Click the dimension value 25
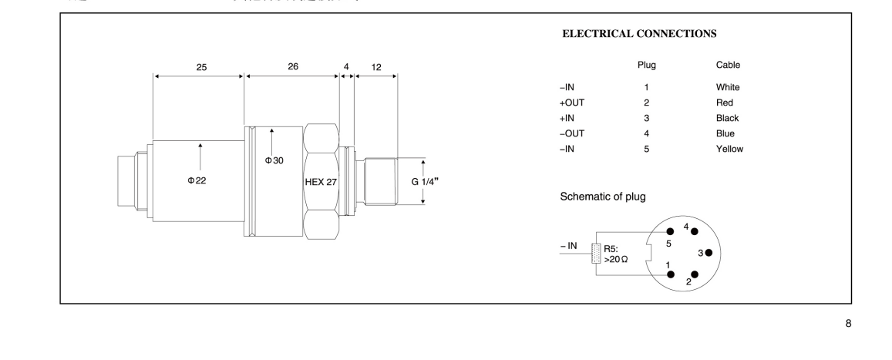[200, 66]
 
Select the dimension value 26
[293, 66]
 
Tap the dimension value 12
[375, 66]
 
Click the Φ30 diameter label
[274, 160]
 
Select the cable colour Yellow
[729, 149]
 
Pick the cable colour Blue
[725, 133]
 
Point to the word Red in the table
[724, 103]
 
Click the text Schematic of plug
[603, 196]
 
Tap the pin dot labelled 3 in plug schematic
[708, 253]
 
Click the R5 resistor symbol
[594, 254]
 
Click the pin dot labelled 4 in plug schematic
[695, 230]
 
